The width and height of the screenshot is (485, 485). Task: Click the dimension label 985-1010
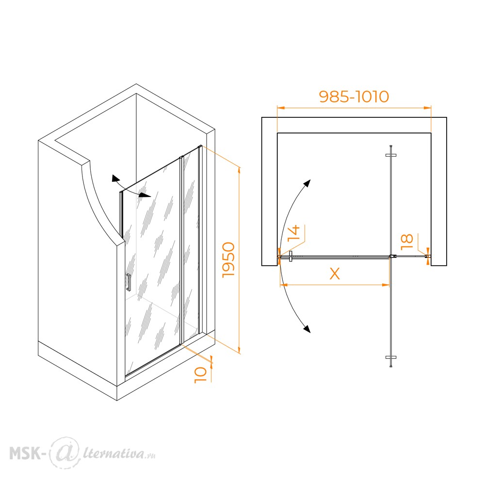pyautogui.click(x=354, y=97)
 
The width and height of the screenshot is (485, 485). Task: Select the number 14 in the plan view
pyautogui.click(x=294, y=233)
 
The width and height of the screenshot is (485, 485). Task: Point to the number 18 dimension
pyautogui.click(x=407, y=242)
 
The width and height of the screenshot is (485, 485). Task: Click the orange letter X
pyautogui.click(x=335, y=274)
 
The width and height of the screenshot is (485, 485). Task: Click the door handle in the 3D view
pyautogui.click(x=129, y=282)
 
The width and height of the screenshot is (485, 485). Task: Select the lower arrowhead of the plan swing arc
pyautogui.click(x=307, y=329)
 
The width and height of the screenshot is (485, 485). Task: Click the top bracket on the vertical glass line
pyautogui.click(x=391, y=155)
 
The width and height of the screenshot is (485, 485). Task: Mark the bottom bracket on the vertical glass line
pyautogui.click(x=391, y=357)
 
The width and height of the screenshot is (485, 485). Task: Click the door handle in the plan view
pyautogui.click(x=291, y=257)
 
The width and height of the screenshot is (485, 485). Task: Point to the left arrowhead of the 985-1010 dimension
pyautogui.click(x=281, y=108)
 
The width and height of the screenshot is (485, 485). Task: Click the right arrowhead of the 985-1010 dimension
pyautogui.click(x=427, y=108)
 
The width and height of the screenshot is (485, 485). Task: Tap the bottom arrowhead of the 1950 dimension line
pyautogui.click(x=239, y=350)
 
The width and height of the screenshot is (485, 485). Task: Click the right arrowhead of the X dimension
pyautogui.click(x=386, y=285)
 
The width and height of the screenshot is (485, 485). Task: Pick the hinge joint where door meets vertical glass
pyautogui.click(x=392, y=257)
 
